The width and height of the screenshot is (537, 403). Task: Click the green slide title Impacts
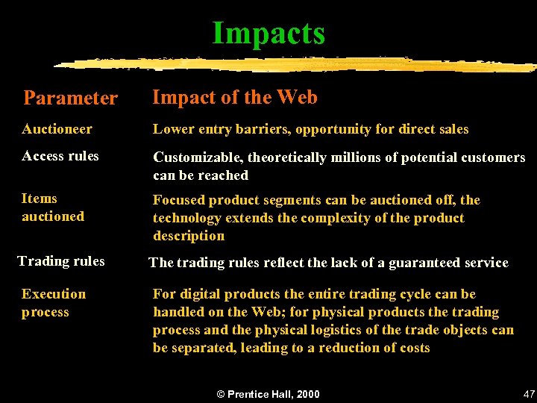click(268, 33)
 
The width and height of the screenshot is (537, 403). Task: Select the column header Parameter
click(71, 98)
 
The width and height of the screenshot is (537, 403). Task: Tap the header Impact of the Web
click(235, 97)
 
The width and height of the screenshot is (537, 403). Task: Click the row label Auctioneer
click(57, 129)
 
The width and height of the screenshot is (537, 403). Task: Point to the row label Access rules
click(60, 156)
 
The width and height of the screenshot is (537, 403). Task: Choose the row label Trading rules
click(61, 261)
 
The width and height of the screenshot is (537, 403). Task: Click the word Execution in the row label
click(54, 294)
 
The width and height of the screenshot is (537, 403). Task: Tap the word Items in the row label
click(40, 199)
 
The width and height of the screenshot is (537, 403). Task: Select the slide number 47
click(529, 393)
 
